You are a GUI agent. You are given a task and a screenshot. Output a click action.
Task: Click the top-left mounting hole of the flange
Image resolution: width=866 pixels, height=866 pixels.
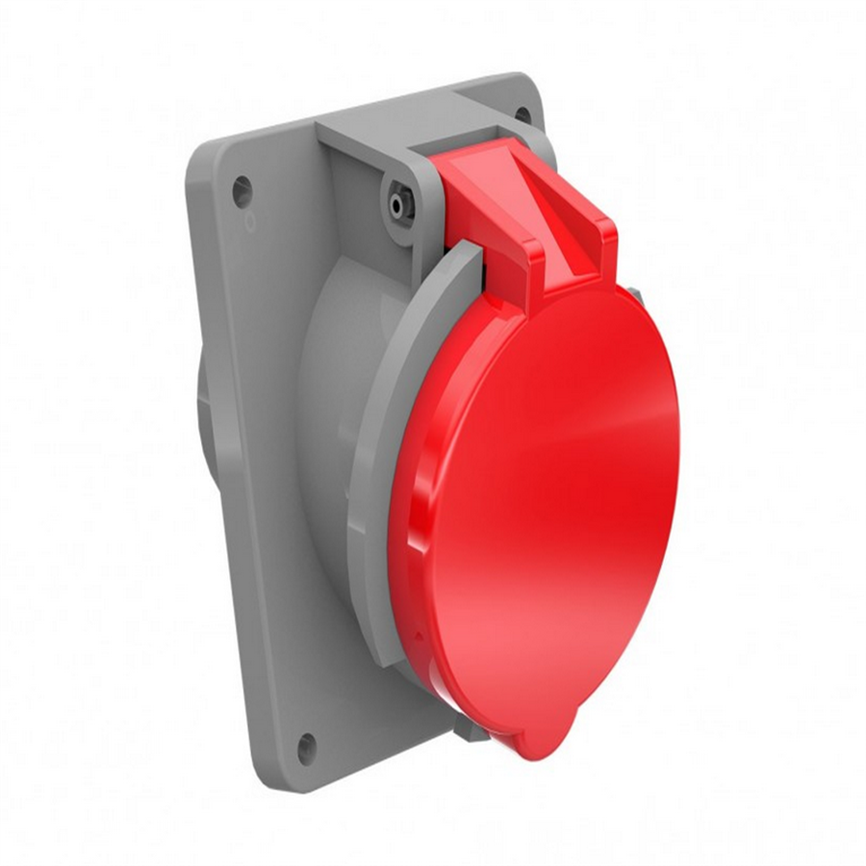coord(242,190)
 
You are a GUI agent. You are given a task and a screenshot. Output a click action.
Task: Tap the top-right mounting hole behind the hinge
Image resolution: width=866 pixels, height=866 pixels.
coord(522,115)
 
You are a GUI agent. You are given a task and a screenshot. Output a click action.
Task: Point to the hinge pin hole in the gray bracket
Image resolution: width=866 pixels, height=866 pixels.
coord(396,202)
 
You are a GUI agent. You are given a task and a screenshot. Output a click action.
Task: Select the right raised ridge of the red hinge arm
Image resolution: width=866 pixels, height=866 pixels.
coord(603,241)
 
